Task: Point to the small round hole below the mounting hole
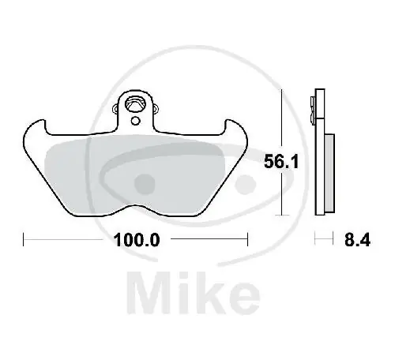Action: pos(136,121)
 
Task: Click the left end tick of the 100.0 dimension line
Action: pos(24,238)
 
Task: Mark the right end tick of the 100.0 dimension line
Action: pos(248,238)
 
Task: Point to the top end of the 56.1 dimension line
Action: pos(283,92)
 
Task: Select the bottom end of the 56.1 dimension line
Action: pos(283,214)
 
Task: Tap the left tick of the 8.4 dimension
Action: pos(315,238)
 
